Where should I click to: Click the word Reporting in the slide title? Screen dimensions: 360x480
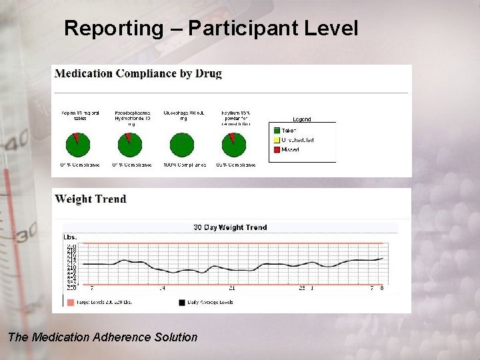coord(113,29)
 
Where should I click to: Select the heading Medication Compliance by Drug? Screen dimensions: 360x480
coord(138,73)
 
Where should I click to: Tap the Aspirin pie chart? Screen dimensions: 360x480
coord(79,144)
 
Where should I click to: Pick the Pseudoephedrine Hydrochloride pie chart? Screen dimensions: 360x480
coord(129,144)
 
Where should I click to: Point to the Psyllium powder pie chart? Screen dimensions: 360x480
coord(233,144)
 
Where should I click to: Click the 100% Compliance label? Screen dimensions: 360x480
coord(183,165)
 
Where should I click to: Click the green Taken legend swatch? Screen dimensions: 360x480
coord(276,131)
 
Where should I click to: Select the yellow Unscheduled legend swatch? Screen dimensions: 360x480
coord(276,140)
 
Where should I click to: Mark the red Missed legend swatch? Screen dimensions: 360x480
coord(276,149)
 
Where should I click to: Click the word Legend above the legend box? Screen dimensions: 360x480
coord(302,119)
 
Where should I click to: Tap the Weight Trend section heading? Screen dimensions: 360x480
coord(91,199)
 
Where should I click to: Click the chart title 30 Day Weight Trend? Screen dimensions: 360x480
coord(230,227)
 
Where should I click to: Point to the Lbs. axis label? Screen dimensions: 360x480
coord(70,237)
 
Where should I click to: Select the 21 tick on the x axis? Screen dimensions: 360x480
coord(232,289)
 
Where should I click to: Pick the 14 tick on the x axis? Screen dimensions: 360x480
coord(162,289)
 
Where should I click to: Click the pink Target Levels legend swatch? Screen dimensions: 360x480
coord(71,302)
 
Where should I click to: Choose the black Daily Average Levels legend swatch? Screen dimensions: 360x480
coord(181,302)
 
